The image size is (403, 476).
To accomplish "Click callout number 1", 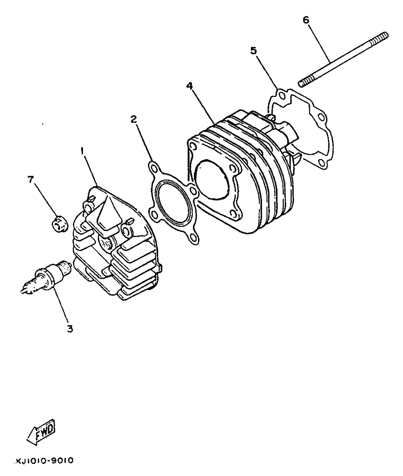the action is [82, 151].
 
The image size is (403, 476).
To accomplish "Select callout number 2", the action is [134, 119].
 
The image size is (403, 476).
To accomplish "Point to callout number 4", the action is [190, 86].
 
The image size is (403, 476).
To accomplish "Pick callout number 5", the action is [253, 51].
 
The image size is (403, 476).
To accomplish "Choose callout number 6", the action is [306, 20].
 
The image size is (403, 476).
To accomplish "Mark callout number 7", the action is [30, 180].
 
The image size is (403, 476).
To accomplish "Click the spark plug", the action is [46, 276].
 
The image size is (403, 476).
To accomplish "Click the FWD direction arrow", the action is [42, 431].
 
